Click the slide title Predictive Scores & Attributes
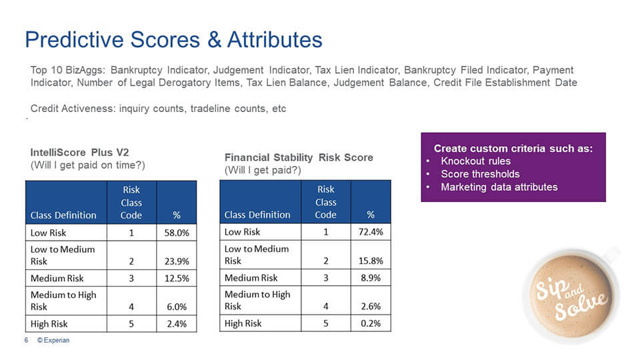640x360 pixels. (173, 39)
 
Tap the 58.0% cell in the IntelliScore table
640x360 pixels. (177, 233)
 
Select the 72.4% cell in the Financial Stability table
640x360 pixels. (371, 232)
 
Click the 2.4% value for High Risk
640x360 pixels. (177, 324)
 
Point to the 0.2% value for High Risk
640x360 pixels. (371, 323)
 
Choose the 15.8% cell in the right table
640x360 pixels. (371, 261)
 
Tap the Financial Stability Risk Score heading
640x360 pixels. (299, 157)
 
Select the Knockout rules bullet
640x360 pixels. (475, 161)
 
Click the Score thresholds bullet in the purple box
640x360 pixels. (480, 174)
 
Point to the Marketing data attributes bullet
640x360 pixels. (499, 187)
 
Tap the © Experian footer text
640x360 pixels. (53, 340)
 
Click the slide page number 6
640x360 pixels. (26, 340)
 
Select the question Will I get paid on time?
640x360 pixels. (88, 165)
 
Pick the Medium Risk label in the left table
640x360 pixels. (57, 278)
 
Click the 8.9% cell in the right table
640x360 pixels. (371, 278)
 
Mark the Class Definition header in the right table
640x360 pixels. (257, 215)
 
